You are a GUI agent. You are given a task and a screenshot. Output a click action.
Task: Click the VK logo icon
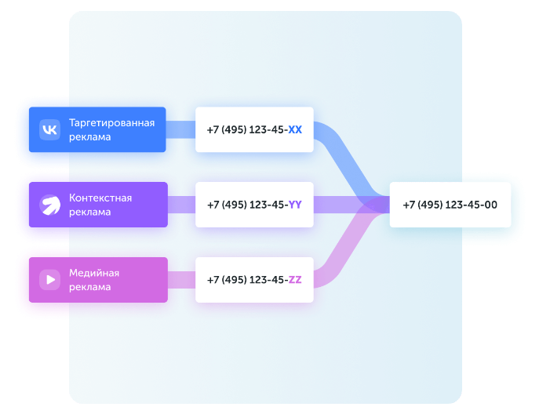[49, 129]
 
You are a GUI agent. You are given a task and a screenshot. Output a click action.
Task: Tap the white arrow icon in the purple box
[49, 205]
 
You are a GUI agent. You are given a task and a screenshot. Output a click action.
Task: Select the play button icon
[49, 280]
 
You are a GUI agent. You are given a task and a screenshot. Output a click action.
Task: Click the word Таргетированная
[112, 123]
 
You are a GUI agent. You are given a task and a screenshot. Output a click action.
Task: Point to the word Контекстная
[100, 198]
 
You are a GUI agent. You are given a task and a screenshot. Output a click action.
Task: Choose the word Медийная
[94, 273]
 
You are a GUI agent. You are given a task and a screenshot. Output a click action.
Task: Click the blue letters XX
[295, 129]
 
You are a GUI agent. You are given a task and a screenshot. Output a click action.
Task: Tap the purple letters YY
[295, 205]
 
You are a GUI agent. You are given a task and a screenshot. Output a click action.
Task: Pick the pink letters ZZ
[295, 280]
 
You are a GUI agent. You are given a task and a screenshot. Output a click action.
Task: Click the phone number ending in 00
[450, 205]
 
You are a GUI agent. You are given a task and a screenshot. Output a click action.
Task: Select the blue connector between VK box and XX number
[180, 129]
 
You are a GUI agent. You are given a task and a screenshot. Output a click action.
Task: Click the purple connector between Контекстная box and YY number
[182, 205]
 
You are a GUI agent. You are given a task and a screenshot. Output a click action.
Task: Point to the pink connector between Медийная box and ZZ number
[182, 280]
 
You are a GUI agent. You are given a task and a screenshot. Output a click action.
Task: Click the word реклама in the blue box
[89, 137]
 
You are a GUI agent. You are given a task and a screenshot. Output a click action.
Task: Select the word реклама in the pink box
[89, 288]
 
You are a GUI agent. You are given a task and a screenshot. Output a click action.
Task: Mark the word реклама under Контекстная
[89, 212]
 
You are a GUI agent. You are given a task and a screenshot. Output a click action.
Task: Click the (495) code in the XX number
[234, 129]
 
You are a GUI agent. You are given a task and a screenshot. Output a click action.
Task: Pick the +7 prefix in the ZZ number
[213, 280]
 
